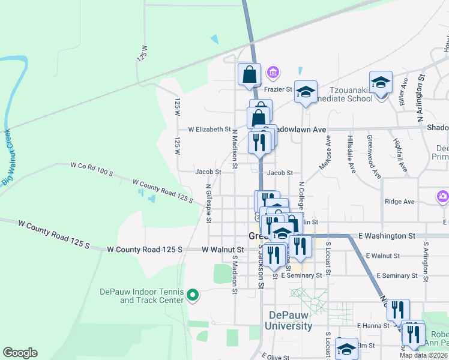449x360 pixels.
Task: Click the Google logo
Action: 20,353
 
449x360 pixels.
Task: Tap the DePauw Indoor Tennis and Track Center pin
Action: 193,294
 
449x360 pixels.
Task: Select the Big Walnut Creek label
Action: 8,157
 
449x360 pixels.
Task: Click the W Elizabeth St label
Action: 209,129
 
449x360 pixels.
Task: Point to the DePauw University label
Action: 291,320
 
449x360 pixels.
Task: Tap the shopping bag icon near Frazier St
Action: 250,75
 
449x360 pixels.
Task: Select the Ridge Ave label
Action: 400,202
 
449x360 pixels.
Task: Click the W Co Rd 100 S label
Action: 92,169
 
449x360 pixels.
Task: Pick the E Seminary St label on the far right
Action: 396,275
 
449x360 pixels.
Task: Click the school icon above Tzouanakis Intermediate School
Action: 381,82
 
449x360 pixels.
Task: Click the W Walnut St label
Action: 223,249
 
